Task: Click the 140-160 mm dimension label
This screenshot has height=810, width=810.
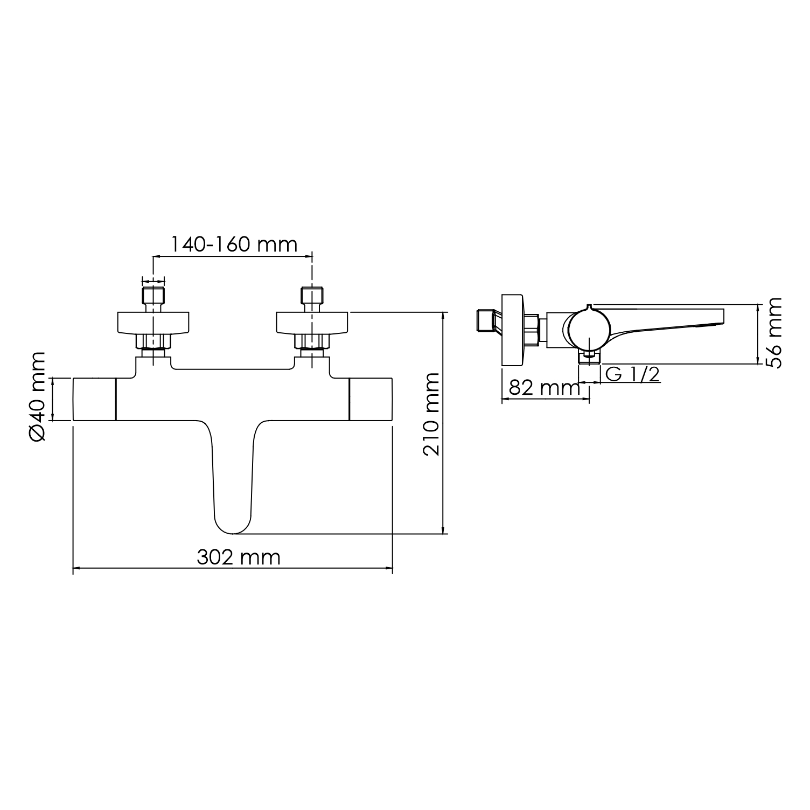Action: pos(234,245)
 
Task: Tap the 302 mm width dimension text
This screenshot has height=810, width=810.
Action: pos(239,557)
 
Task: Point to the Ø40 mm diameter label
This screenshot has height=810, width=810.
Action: pos(38,396)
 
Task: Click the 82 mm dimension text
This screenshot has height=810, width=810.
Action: pos(544,388)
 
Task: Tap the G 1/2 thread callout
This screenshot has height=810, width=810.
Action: pos(632,374)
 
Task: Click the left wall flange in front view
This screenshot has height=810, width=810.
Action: pos(153,322)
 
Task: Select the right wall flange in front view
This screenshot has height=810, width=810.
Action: pos(312,322)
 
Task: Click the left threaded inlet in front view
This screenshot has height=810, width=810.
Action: pos(153,296)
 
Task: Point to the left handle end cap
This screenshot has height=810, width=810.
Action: pos(94,399)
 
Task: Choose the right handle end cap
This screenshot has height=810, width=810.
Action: pos(371,399)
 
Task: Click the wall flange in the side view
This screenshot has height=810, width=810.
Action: pos(512,331)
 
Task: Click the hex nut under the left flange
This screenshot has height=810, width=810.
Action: pos(153,341)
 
